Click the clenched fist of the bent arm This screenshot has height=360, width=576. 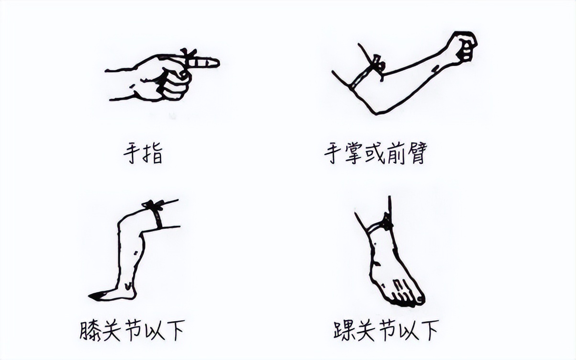tap(462, 46)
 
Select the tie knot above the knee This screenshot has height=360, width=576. tap(153, 206)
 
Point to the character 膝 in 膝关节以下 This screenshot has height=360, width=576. tap(91, 330)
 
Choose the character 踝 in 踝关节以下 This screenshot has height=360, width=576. tap(345, 330)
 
